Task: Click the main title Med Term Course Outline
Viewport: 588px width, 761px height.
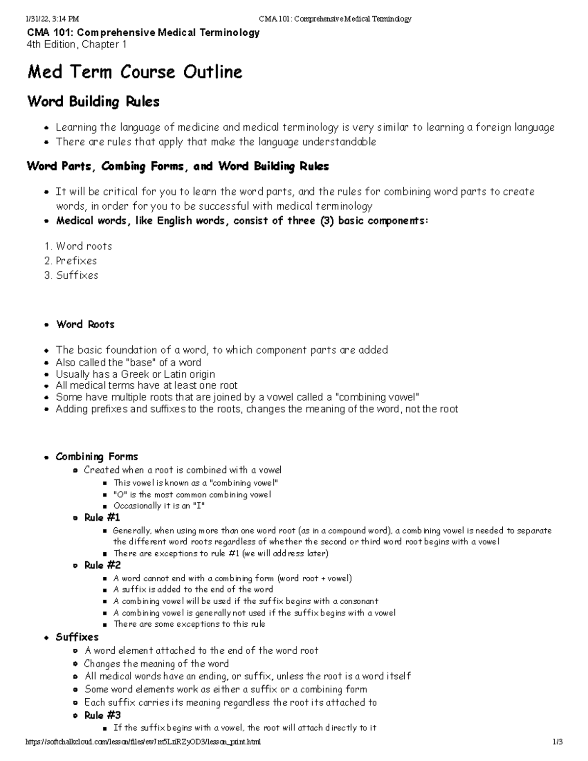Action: click(135, 73)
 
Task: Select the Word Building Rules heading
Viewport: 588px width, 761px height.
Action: click(93, 102)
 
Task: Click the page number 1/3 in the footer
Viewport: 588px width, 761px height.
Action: click(557, 742)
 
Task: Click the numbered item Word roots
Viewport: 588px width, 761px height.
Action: click(84, 246)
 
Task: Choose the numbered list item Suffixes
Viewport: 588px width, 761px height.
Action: click(77, 275)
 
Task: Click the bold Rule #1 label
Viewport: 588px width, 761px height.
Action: click(102, 518)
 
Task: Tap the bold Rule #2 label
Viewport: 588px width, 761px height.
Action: click(102, 565)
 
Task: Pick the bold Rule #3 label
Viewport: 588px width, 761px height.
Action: click(102, 715)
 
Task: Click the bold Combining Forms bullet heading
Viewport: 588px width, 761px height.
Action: click(97, 457)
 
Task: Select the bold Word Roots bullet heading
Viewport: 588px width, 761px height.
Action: click(85, 324)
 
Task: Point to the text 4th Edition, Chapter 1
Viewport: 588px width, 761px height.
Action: click(77, 45)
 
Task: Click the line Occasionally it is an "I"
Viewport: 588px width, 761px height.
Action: click(159, 506)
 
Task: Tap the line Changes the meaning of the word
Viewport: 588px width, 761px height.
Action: click(156, 664)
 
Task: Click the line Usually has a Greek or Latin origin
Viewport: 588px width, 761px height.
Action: click(135, 374)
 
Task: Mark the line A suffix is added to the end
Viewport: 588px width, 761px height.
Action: click(193, 589)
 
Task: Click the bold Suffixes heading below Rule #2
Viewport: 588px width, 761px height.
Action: click(77, 637)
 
